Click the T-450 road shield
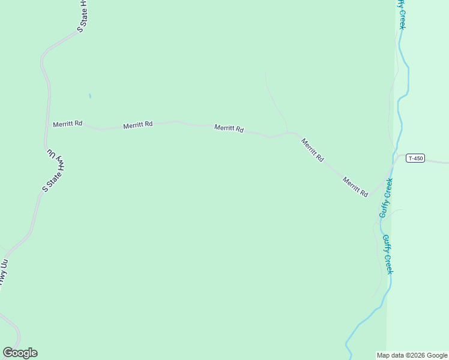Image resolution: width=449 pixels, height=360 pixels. pyautogui.click(x=415, y=158)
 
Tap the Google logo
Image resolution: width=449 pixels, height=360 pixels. pyautogui.click(x=20, y=353)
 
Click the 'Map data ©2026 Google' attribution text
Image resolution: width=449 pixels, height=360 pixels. pyautogui.click(x=412, y=355)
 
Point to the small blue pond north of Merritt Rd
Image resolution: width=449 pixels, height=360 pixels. pyautogui.click(x=90, y=95)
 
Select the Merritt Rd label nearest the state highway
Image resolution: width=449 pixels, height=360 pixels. pyautogui.click(x=67, y=124)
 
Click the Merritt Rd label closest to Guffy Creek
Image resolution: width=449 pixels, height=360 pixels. pyautogui.click(x=355, y=187)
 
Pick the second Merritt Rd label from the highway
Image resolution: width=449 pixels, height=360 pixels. pyautogui.click(x=138, y=125)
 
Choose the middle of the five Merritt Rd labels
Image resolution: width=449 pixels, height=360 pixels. pyautogui.click(x=229, y=128)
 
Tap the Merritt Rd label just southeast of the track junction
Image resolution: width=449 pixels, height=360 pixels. pyautogui.click(x=313, y=150)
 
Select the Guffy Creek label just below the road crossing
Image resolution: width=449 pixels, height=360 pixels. pyautogui.click(x=385, y=197)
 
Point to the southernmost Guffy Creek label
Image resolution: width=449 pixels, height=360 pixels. pyautogui.click(x=388, y=254)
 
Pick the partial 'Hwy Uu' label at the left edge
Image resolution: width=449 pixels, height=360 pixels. pyautogui.click(x=5, y=272)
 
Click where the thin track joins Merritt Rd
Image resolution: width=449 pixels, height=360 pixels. pyautogui.click(x=289, y=132)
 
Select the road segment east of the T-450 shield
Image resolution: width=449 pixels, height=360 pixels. pyautogui.click(x=437, y=161)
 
